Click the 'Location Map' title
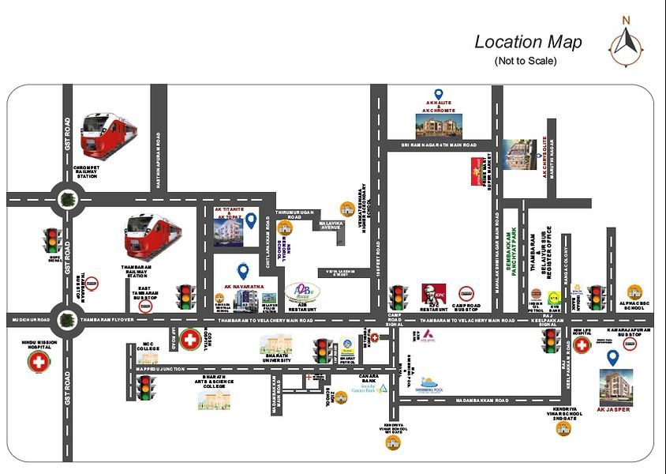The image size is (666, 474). coord(528,42)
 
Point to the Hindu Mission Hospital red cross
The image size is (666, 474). coord(38,363)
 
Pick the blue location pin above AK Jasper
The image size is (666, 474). coord(612,357)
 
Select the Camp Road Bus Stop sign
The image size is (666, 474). coord(466,293)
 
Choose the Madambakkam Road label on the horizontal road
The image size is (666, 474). coord(475,401)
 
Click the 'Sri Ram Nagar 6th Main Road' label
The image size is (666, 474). coord(438,145)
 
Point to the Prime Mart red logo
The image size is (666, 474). coord(476,167)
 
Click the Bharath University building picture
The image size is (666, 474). coord(275,345)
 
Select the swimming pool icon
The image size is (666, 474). coord(428,383)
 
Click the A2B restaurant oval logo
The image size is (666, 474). coord(302,294)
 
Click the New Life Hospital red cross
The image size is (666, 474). coord(582,345)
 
